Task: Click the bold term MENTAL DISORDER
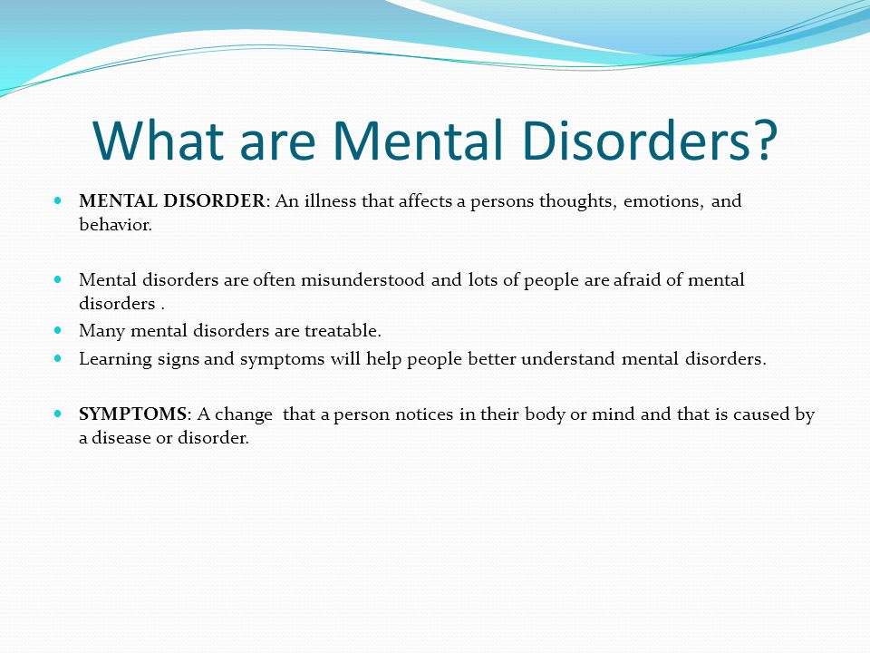coord(172,200)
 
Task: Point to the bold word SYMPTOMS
coord(132,414)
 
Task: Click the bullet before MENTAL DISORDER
coord(58,200)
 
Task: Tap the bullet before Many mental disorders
coord(58,330)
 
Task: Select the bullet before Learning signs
coord(58,358)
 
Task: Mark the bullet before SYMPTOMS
coord(58,414)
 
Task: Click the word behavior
coord(115,224)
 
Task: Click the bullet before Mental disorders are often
coord(58,279)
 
